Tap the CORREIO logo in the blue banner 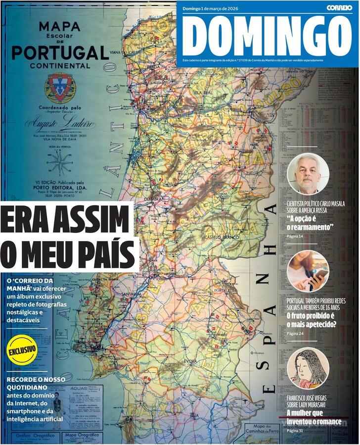pyautogui.click(x=339, y=7)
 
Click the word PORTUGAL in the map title pyautogui.click(x=60, y=52)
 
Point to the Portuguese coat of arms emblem pyautogui.click(x=60, y=88)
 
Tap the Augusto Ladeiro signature pyautogui.click(x=59, y=123)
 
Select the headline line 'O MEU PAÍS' pyautogui.click(x=68, y=253)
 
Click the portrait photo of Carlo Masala pyautogui.click(x=308, y=173)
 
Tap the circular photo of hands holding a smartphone pyautogui.click(x=308, y=271)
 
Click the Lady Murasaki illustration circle pyautogui.click(x=308, y=368)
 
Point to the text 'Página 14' pyautogui.click(x=295, y=237)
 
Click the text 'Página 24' pyautogui.click(x=295, y=333)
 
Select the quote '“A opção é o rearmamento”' pyautogui.click(x=310, y=223)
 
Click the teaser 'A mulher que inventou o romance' pyautogui.click(x=314, y=417)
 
